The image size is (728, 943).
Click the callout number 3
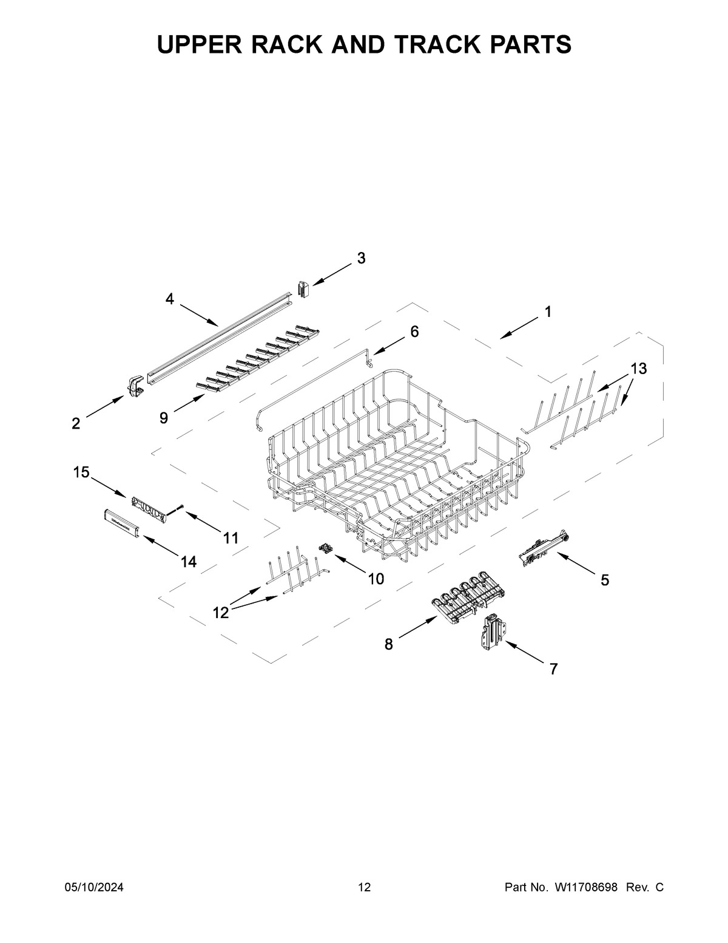(361, 258)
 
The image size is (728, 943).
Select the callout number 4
(170, 299)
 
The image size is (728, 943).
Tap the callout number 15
(81, 472)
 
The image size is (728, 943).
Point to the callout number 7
(553, 669)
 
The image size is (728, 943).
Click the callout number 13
(638, 368)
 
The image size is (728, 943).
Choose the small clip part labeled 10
(327, 549)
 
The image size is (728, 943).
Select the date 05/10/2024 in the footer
(94, 888)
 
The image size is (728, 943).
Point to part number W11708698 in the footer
(585, 888)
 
